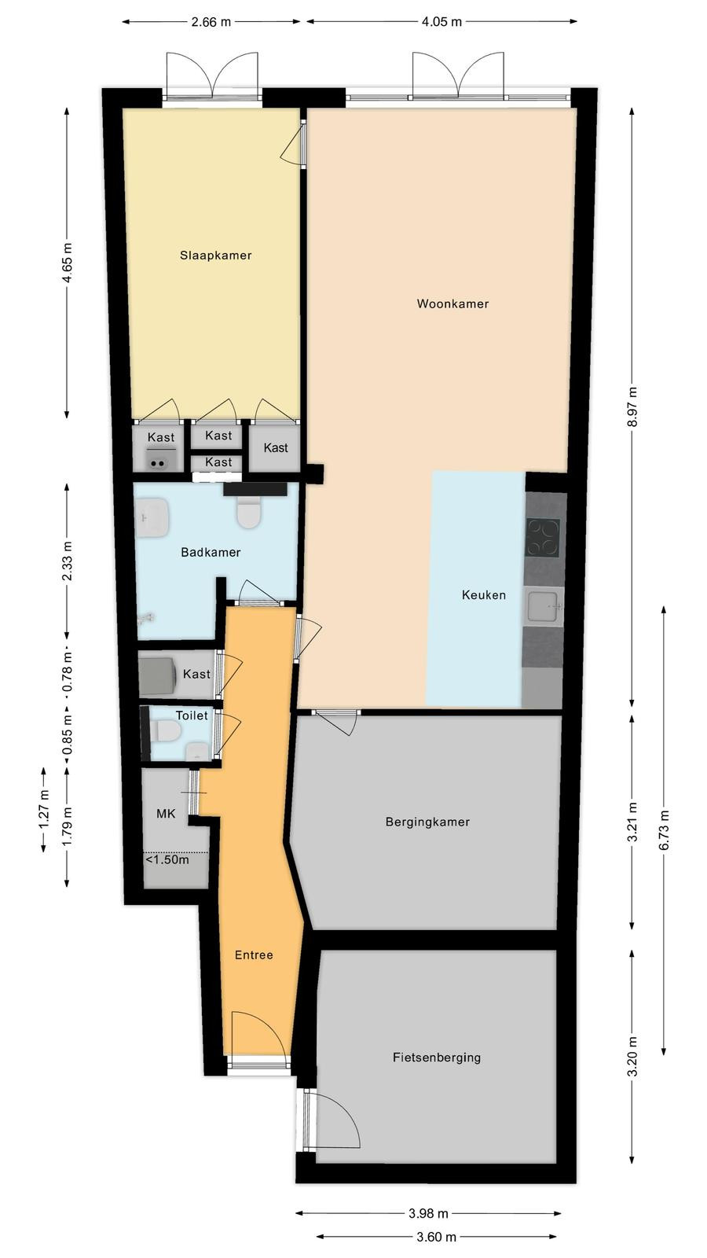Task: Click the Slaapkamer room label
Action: pyautogui.click(x=215, y=255)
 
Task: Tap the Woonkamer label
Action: pyautogui.click(x=452, y=303)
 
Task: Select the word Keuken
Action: pyautogui.click(x=484, y=594)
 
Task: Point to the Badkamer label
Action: pyautogui.click(x=211, y=552)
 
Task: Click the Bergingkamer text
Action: pyautogui.click(x=427, y=822)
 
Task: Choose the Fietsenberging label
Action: pyautogui.click(x=437, y=1058)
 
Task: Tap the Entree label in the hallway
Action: pyautogui.click(x=254, y=955)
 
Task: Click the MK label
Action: pyautogui.click(x=166, y=813)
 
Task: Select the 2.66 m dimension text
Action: pyautogui.click(x=211, y=22)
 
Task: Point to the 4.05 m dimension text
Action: pyautogui.click(x=441, y=22)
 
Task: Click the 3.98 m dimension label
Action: pyautogui.click(x=428, y=1213)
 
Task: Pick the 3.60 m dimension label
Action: pyautogui.click(x=436, y=1237)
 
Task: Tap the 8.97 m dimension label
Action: pyautogui.click(x=632, y=407)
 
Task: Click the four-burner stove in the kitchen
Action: pyautogui.click(x=543, y=538)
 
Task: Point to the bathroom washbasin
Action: pyautogui.click(x=152, y=517)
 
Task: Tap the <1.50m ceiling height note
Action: pyautogui.click(x=167, y=860)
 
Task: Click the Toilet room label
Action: pyautogui.click(x=192, y=715)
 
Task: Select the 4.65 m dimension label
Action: pyautogui.click(x=67, y=263)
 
